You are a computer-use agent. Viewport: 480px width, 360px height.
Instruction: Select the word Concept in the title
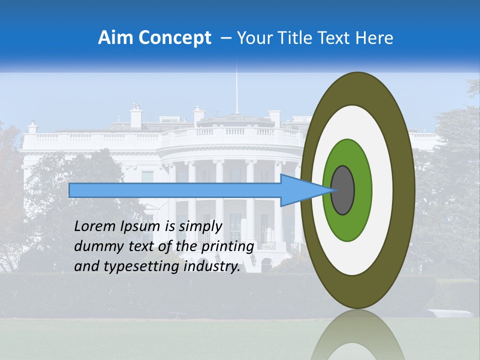174,38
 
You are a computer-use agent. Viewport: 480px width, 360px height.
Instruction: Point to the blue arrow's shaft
175,190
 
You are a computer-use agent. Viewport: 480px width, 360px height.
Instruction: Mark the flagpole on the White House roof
236,90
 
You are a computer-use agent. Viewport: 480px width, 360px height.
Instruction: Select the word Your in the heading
252,38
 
